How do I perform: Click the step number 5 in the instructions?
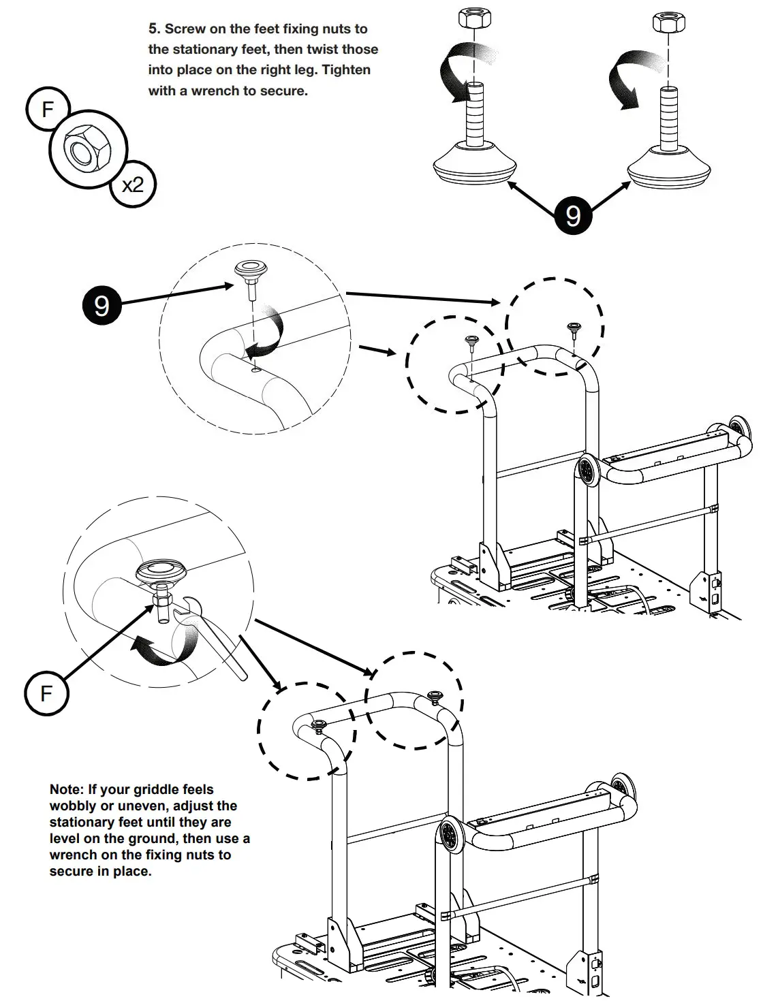tap(153, 29)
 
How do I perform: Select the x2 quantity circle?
tap(133, 184)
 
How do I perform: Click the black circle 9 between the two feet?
tap(572, 215)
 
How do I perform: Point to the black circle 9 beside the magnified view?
tap(102, 304)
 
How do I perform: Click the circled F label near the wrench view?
tap(46, 693)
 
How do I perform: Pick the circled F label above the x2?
tap(47, 108)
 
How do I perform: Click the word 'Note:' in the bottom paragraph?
tap(66, 790)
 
